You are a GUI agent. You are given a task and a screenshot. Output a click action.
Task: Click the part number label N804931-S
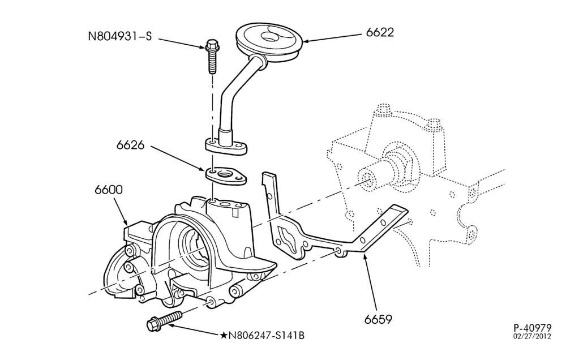120,36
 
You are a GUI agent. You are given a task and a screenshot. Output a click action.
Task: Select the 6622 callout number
380,32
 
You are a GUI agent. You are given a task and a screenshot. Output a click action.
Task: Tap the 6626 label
130,145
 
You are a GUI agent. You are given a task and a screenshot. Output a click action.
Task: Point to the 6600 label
109,190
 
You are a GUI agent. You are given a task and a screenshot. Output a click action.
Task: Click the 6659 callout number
378,319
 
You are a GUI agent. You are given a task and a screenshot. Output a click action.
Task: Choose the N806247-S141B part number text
267,336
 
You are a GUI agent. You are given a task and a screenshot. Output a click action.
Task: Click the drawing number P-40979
533,328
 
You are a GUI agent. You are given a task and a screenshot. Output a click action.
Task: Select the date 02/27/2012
533,336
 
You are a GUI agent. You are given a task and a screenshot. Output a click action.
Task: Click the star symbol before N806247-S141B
224,336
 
